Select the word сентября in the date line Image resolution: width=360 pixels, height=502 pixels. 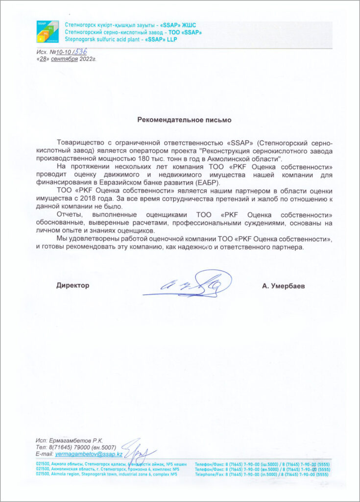click(65, 59)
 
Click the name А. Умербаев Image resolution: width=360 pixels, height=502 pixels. click(283, 286)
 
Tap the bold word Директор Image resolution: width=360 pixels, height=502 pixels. click(73, 285)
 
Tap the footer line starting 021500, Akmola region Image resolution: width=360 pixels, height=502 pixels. click(107, 474)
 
